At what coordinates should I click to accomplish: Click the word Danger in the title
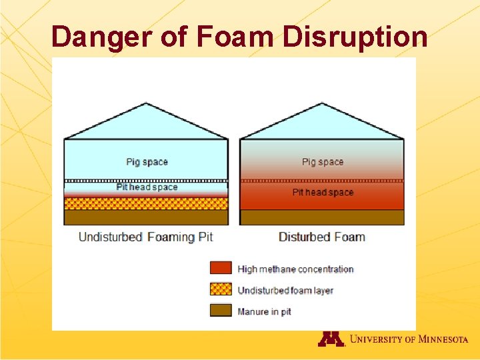(101, 37)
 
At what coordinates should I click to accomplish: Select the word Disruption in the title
(355, 37)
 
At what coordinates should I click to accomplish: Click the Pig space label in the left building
(147, 162)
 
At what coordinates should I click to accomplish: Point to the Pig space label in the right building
(323, 162)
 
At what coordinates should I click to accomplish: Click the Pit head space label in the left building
(147, 187)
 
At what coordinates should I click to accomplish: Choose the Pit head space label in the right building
(323, 192)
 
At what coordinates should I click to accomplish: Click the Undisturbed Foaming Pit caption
(145, 237)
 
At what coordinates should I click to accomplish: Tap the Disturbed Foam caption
(321, 237)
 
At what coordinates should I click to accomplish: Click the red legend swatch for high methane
(221, 268)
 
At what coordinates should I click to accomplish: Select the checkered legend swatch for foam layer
(221, 289)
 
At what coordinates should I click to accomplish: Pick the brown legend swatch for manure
(221, 310)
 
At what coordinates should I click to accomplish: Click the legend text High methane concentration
(295, 269)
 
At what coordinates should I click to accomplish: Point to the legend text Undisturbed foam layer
(285, 291)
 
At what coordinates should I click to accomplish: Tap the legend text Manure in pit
(264, 311)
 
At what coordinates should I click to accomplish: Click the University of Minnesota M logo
(331, 339)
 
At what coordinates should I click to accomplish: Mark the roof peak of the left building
(146, 103)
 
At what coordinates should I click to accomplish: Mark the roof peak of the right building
(322, 103)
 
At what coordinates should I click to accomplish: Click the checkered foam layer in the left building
(146, 203)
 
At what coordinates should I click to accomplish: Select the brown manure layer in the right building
(322, 217)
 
